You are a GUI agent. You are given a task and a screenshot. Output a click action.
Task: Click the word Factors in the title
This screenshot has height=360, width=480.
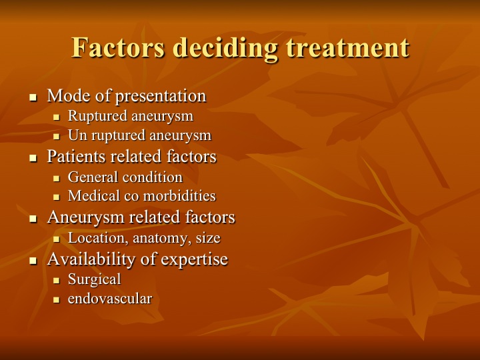click(118, 47)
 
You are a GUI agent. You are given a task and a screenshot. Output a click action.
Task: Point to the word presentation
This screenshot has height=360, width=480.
click(161, 97)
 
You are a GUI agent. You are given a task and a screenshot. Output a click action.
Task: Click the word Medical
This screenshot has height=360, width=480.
click(94, 196)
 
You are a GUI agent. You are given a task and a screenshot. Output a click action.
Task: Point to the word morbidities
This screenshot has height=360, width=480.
click(180, 196)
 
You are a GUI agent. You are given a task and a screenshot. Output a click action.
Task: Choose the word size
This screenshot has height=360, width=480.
click(208, 238)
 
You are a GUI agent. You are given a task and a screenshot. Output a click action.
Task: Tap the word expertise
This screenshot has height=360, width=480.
click(195, 259)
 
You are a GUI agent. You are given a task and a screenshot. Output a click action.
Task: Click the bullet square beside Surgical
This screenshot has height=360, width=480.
click(56, 280)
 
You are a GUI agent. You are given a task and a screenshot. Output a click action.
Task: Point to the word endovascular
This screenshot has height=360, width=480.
click(110, 299)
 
